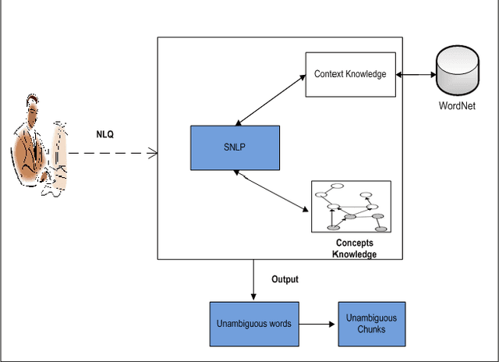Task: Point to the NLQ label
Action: (105, 134)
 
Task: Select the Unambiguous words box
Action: (253, 323)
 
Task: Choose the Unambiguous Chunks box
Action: (371, 323)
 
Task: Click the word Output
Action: (285, 279)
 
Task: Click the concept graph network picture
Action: (351, 207)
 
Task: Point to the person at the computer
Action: (37, 148)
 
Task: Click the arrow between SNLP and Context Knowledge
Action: (270, 100)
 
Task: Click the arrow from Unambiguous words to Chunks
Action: (317, 323)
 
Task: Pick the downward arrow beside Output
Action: (253, 279)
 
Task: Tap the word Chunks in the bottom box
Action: (371, 329)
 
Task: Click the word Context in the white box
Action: (331, 75)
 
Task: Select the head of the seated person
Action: (33, 107)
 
